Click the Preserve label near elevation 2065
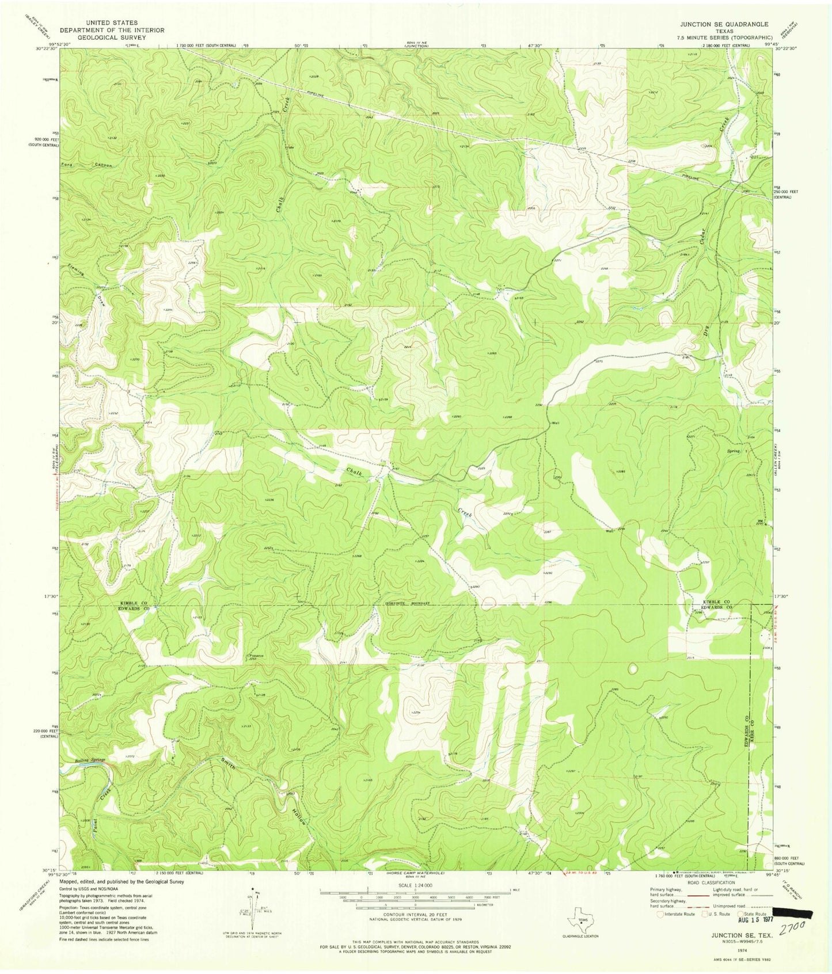tap(256, 655)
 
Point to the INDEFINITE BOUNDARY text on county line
tap(408, 603)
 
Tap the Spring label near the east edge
tap(733, 451)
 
